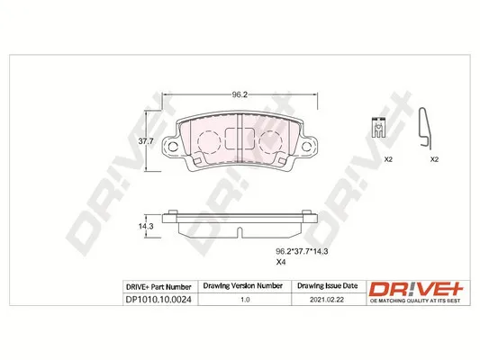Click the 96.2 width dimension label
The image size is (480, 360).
pyautogui.click(x=240, y=94)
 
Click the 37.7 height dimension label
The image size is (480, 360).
pyautogui.click(x=146, y=141)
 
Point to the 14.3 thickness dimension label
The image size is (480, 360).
pyautogui.click(x=146, y=226)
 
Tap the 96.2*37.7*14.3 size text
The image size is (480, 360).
pyautogui.click(x=302, y=251)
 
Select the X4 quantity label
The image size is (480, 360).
pyautogui.click(x=281, y=262)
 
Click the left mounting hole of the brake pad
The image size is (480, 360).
pyautogui.click(x=173, y=147)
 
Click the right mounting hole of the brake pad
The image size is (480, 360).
pyautogui.click(x=306, y=147)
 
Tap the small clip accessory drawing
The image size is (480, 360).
pyautogui.click(x=378, y=127)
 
